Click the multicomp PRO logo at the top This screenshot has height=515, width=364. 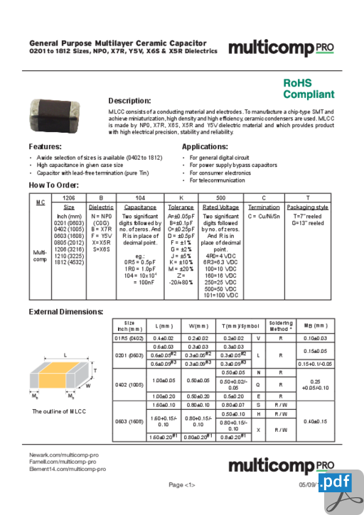click(280, 48)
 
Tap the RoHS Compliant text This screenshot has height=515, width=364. click(308, 89)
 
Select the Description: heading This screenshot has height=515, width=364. click(129, 100)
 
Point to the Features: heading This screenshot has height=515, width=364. click(50, 146)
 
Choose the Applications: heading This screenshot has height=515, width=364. click(205, 146)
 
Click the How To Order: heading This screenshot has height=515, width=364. click(53, 185)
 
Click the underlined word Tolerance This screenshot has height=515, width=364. click(181, 207)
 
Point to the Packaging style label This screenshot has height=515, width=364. click(307, 207)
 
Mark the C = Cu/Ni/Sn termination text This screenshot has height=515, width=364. click(264, 215)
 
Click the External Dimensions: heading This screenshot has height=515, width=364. click(65, 312)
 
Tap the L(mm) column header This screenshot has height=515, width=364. click(164, 325)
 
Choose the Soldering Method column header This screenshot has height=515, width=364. click(281, 325)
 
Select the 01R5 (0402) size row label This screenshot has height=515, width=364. click(129, 338)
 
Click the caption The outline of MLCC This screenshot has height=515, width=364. click(59, 411)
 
